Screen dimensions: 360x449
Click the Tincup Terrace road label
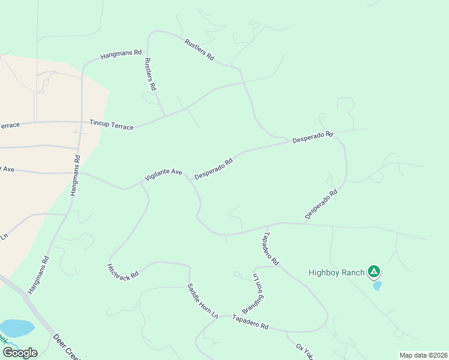111,124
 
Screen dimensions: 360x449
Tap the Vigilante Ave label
163,175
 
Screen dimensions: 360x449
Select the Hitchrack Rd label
122,271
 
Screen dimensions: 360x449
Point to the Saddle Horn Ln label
202,301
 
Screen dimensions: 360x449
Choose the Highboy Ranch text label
336,273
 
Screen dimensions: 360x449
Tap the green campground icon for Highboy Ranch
374,272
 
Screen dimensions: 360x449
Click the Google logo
19,353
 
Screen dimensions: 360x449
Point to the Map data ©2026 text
423,355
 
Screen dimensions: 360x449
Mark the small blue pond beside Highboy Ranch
377,286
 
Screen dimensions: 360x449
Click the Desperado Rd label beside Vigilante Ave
214,169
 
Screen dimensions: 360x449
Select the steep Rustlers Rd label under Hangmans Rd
150,74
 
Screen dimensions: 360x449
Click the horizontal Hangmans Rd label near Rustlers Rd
121,55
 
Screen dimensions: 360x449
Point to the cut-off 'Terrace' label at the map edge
10,125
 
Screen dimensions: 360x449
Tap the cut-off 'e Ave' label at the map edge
7,169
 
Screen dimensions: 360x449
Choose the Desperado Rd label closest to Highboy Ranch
321,204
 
